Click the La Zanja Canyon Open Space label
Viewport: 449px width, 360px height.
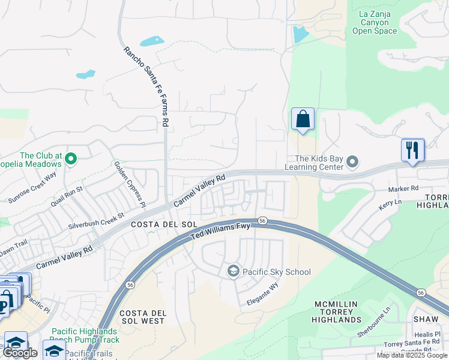pos(375,22)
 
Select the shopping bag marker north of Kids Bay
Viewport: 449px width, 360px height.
pos(303,119)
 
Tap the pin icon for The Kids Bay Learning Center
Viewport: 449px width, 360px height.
pos(353,163)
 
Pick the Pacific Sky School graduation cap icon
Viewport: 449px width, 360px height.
pos(233,272)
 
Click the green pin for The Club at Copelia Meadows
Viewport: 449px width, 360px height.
pos(71,159)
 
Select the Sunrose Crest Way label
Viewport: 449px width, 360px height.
pos(32,187)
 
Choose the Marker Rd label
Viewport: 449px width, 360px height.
pos(403,188)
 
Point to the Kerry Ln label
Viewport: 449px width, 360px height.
pos(390,203)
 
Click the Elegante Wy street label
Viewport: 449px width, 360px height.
pos(263,295)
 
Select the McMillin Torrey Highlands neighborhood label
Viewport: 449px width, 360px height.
pos(337,312)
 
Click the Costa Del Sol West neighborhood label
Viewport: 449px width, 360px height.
pos(142,317)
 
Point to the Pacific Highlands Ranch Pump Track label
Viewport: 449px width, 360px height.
pos(85,335)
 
